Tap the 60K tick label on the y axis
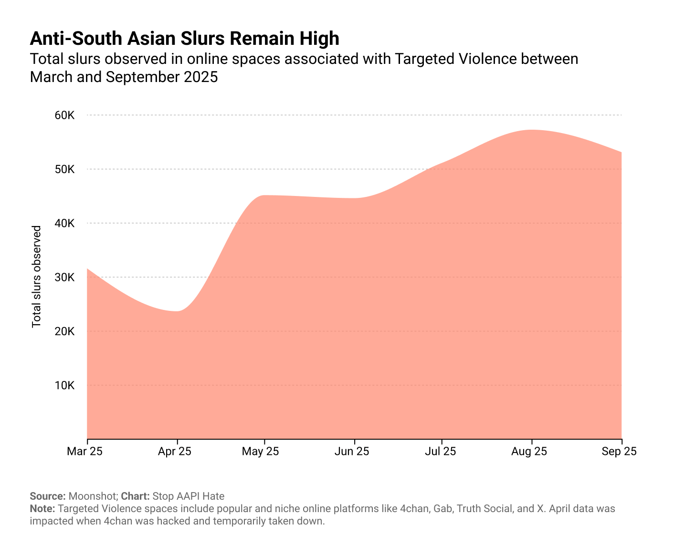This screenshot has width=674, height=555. pyautogui.click(x=64, y=115)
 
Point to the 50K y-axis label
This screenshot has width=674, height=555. pyautogui.click(x=64, y=169)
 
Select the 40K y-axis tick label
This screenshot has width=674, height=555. pyautogui.click(x=64, y=223)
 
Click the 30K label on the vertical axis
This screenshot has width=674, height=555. pyautogui.click(x=64, y=277)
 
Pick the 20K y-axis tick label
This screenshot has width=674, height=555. pyautogui.click(x=64, y=331)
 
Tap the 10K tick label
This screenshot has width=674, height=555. pyautogui.click(x=64, y=385)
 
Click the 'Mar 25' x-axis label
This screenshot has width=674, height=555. pyautogui.click(x=85, y=451)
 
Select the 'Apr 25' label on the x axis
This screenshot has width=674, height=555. pyautogui.click(x=175, y=451)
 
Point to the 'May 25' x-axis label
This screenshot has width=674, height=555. pyautogui.click(x=261, y=451)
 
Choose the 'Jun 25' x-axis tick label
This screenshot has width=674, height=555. pyautogui.click(x=352, y=451)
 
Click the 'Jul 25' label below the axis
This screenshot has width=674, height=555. pyautogui.click(x=440, y=451)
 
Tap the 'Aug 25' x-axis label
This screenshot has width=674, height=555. pyautogui.click(x=529, y=451)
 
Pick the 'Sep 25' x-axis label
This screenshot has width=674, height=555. pyautogui.click(x=619, y=451)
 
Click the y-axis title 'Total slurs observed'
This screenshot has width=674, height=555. pyautogui.click(x=36, y=277)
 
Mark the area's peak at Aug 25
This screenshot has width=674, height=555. pyautogui.click(x=532, y=130)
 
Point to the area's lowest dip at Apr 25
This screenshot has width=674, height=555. pyautogui.click(x=178, y=311)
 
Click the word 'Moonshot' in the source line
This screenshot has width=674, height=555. pyautogui.click(x=93, y=496)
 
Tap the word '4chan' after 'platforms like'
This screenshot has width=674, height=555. pyautogui.click(x=414, y=508)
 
